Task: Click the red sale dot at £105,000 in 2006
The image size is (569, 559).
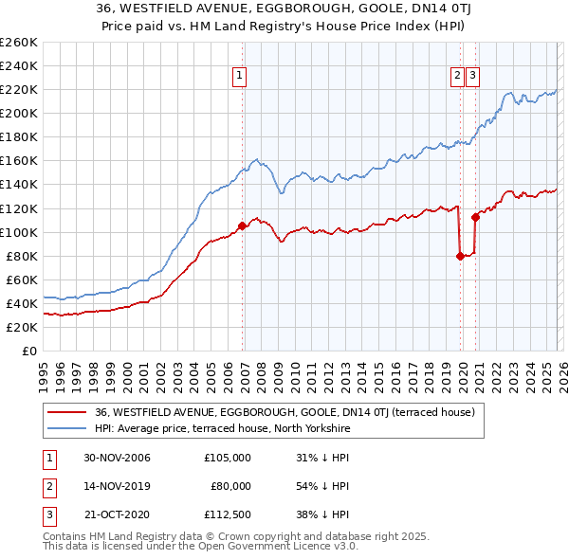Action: [x=242, y=225]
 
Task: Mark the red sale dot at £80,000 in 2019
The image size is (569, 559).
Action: [x=460, y=256]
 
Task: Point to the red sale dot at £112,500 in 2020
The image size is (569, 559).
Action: [x=475, y=217]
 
